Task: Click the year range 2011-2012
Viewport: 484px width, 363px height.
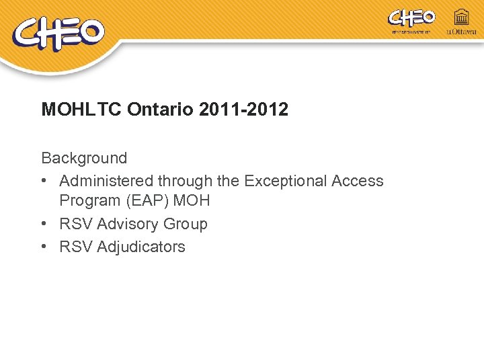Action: tap(244, 110)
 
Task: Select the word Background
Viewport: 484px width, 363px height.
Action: tap(84, 158)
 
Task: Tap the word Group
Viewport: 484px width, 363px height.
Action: tap(186, 224)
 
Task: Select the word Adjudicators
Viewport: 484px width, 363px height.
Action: tap(141, 247)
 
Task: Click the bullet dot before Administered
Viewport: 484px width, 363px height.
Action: tap(44, 181)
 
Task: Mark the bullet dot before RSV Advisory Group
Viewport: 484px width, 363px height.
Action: tap(44, 224)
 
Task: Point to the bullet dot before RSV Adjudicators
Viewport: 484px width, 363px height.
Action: tap(44, 247)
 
